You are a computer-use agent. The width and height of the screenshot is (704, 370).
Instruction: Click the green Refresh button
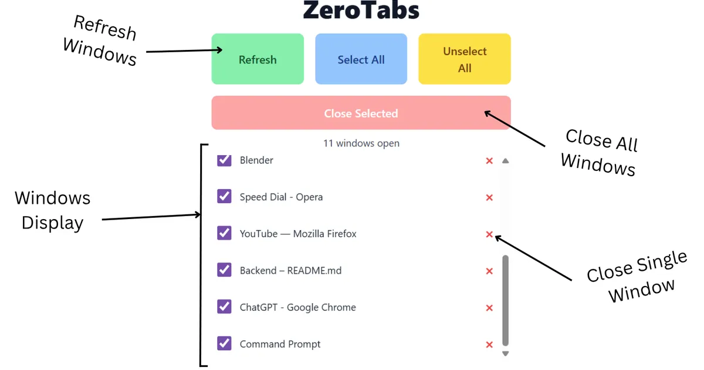pyautogui.click(x=258, y=59)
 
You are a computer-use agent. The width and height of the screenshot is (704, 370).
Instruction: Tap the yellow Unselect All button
pyautogui.click(x=464, y=59)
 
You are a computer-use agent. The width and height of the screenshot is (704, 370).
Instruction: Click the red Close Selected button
pyautogui.click(x=361, y=113)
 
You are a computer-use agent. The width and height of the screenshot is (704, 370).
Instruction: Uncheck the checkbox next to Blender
pyautogui.click(x=224, y=160)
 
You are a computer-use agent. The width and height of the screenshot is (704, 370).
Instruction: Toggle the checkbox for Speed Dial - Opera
pyautogui.click(x=224, y=196)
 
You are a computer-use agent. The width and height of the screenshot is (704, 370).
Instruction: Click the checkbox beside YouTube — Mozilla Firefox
pyautogui.click(x=224, y=233)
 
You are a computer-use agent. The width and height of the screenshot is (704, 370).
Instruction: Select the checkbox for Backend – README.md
pyautogui.click(x=224, y=270)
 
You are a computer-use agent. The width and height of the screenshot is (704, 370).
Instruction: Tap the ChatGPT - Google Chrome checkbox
pyautogui.click(x=224, y=307)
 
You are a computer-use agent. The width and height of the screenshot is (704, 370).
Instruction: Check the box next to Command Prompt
pyautogui.click(x=224, y=344)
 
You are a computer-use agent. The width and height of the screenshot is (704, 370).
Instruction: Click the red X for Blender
pyautogui.click(x=489, y=161)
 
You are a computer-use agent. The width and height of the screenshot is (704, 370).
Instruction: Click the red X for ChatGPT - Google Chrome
pyautogui.click(x=489, y=308)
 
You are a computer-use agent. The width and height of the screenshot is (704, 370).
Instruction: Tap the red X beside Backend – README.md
pyautogui.click(x=489, y=271)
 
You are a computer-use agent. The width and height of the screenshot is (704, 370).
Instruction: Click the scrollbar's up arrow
pyautogui.click(x=506, y=161)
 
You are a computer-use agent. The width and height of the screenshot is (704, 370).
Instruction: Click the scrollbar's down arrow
pyautogui.click(x=506, y=354)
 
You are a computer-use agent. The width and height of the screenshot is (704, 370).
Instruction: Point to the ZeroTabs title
pyautogui.click(x=361, y=11)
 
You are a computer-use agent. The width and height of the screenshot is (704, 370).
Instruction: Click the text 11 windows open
pyautogui.click(x=361, y=143)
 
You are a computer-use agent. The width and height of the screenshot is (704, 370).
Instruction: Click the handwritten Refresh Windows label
pyautogui.click(x=101, y=40)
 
